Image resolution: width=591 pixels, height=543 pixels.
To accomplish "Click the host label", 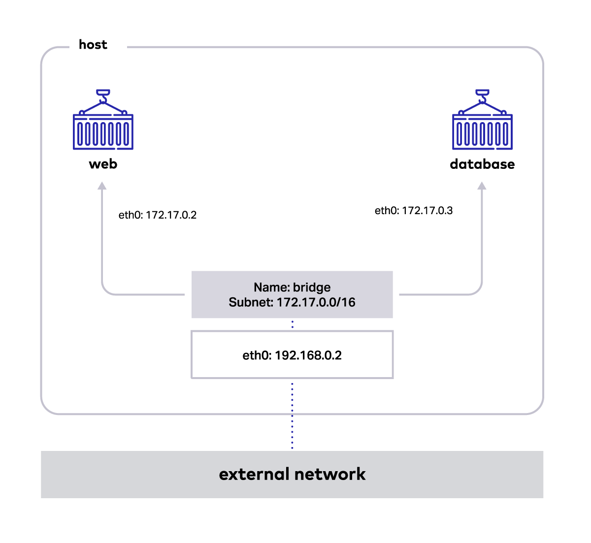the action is [93, 45].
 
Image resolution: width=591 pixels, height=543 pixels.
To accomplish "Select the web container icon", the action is [103, 120].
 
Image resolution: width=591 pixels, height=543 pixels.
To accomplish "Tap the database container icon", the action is [482, 120].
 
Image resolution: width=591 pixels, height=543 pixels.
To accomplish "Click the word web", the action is [103, 164].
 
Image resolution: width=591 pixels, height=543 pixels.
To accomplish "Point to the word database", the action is [482, 164].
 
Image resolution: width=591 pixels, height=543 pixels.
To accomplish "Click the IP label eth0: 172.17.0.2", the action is [157, 215].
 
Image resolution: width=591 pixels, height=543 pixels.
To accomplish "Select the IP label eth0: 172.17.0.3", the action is [414, 211].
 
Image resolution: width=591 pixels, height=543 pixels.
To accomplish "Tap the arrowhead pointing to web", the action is [102, 186].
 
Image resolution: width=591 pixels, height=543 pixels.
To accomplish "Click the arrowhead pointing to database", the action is [482, 186].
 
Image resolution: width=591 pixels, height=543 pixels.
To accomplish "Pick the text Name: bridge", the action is [292, 287].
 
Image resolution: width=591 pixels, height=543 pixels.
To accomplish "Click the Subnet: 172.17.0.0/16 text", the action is [292, 302].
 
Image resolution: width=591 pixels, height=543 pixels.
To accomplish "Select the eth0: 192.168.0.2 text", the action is [292, 355].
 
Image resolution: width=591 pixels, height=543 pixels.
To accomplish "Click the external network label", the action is [292, 475].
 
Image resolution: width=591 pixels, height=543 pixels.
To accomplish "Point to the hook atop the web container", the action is [103, 96].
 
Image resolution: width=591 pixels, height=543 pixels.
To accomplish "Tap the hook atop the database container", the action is [482, 96].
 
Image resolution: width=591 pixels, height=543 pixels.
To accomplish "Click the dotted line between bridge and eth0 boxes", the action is [292, 324].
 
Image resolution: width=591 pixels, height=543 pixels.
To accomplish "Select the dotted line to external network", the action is [292, 416].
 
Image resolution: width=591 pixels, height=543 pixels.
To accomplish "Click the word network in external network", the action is [330, 475].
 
